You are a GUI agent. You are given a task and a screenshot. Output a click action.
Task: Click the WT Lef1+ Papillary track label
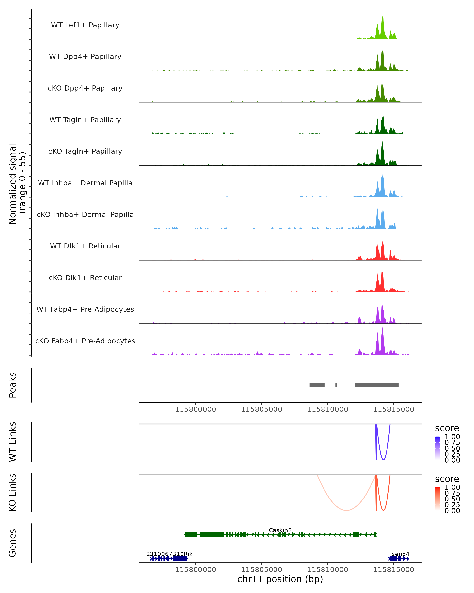(85, 25)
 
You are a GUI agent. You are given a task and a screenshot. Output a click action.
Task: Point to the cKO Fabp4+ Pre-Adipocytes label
(85, 341)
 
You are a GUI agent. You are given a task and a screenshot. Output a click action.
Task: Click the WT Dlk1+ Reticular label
(85, 246)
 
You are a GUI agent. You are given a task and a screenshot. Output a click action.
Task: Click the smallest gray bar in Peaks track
(336, 385)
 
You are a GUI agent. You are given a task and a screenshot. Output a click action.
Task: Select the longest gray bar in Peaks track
(376, 385)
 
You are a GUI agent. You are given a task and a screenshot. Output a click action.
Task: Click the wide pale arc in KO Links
(347, 510)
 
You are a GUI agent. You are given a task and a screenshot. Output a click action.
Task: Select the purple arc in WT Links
(383, 460)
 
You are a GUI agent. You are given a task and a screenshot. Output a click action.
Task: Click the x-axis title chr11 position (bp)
(280, 579)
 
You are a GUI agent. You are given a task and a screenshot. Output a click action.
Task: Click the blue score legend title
(447, 428)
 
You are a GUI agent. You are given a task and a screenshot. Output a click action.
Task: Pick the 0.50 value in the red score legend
(452, 499)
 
